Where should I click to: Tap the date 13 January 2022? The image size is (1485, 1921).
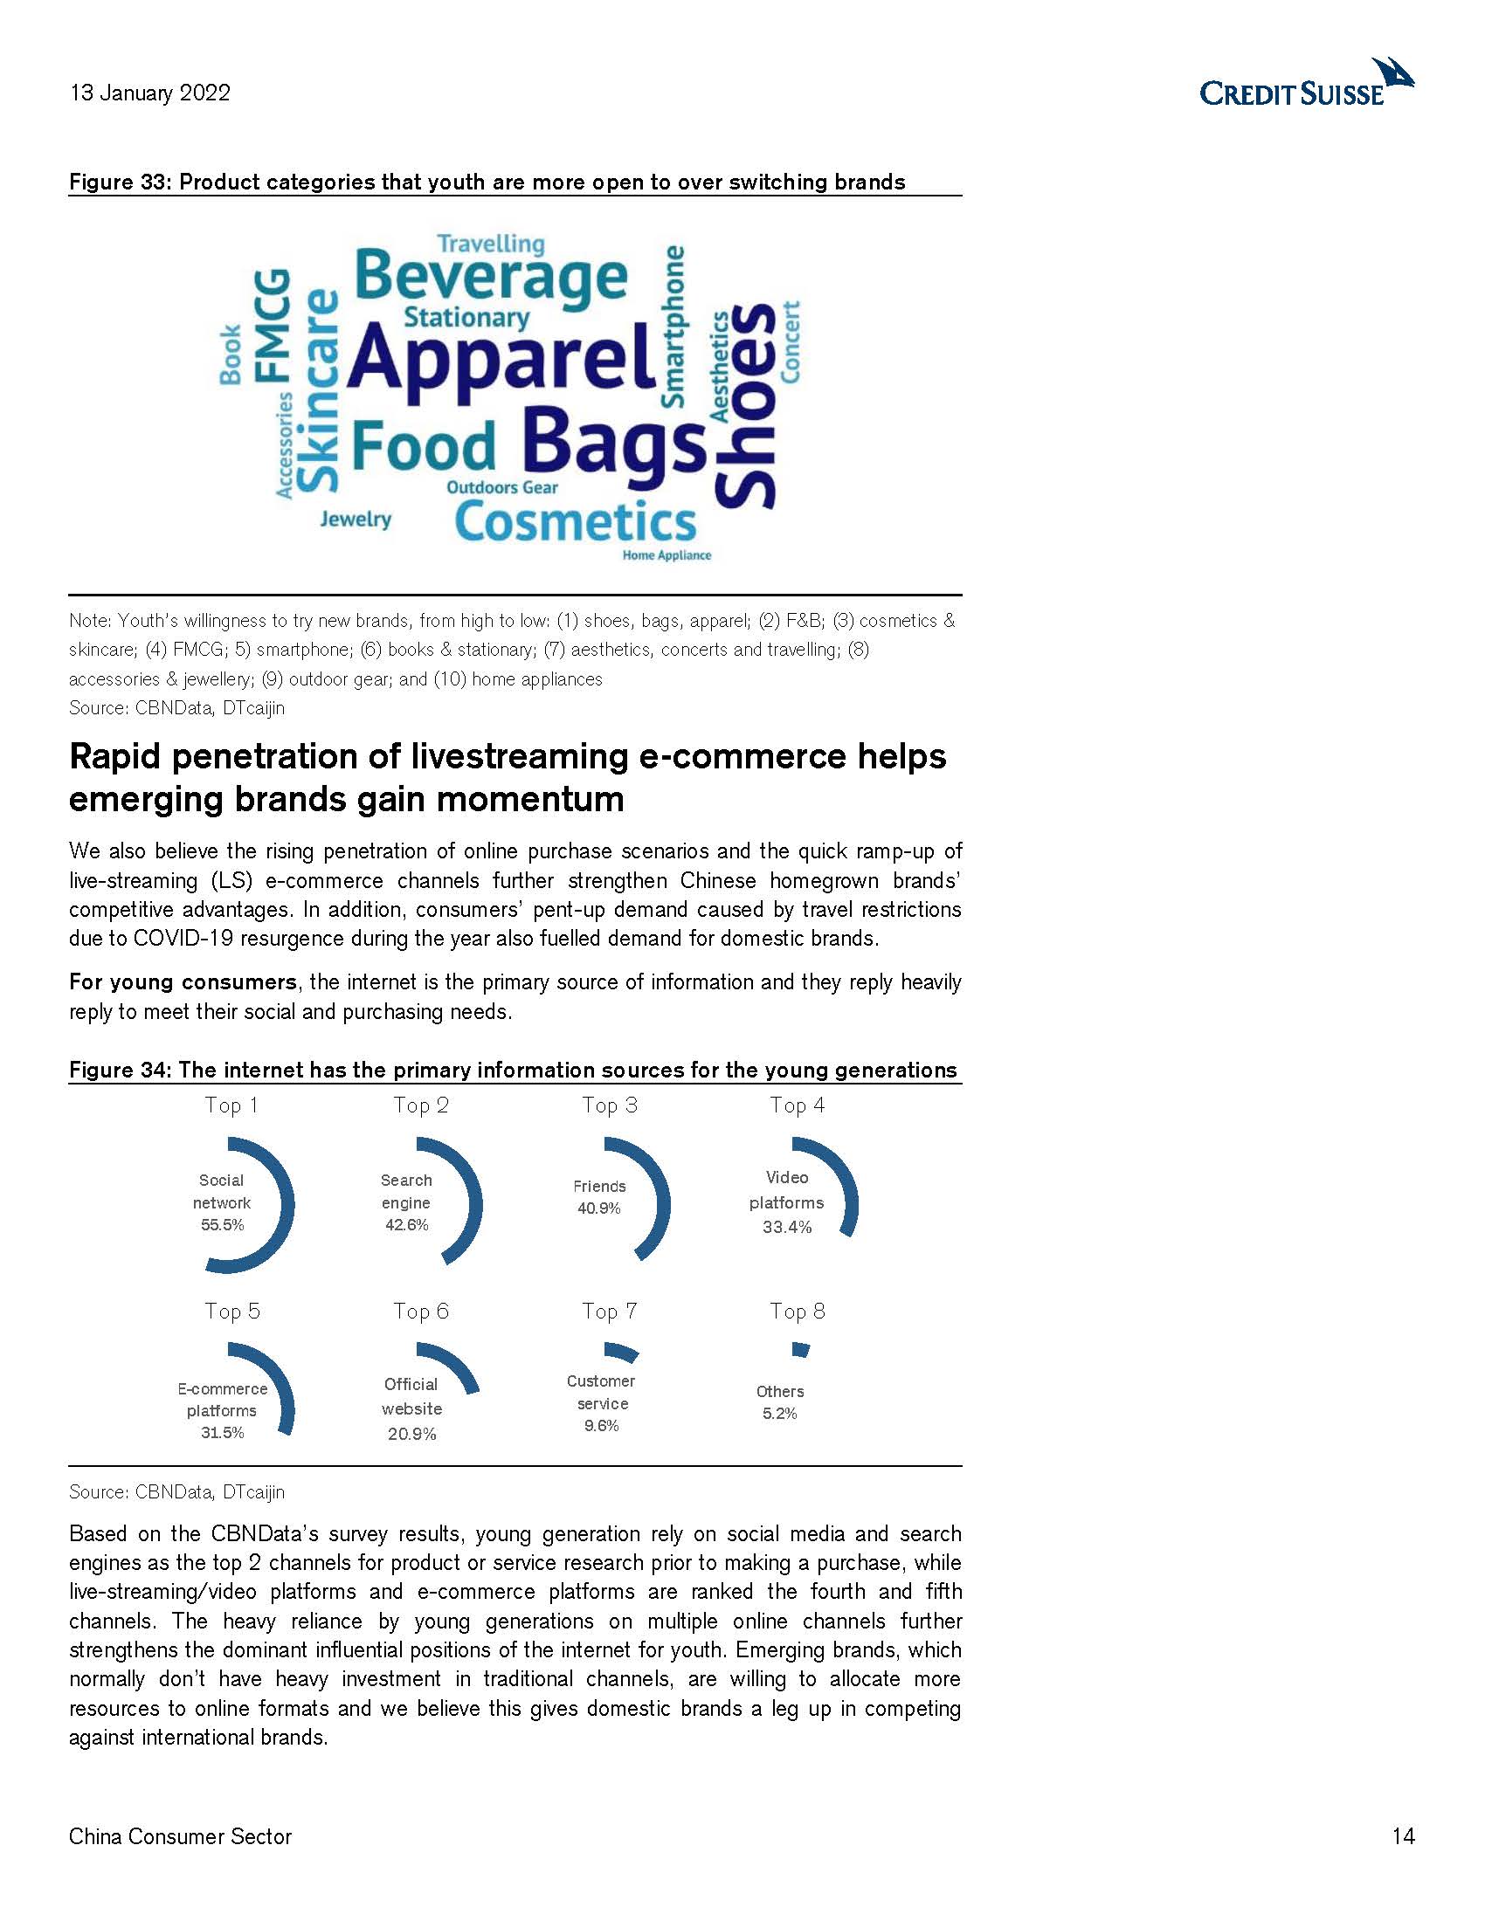coord(149,93)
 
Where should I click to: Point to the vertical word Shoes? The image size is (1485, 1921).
coord(747,405)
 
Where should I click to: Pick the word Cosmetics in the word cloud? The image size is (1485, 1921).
coord(576,522)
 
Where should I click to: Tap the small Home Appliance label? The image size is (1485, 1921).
coord(666,556)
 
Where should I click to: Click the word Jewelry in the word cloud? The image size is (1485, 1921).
coord(356,519)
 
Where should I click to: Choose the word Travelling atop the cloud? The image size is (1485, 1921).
coord(491,244)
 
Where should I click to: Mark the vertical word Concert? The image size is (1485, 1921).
coord(790,342)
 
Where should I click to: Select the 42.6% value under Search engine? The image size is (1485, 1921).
coord(406,1225)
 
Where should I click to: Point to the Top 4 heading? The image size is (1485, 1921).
coord(797,1105)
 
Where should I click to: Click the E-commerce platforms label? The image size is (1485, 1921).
coord(222,1400)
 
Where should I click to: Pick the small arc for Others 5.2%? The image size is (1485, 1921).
coord(800,1349)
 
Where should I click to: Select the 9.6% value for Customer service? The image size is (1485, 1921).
coord(602,1426)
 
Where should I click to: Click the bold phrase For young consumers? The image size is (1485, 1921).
coord(183,982)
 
